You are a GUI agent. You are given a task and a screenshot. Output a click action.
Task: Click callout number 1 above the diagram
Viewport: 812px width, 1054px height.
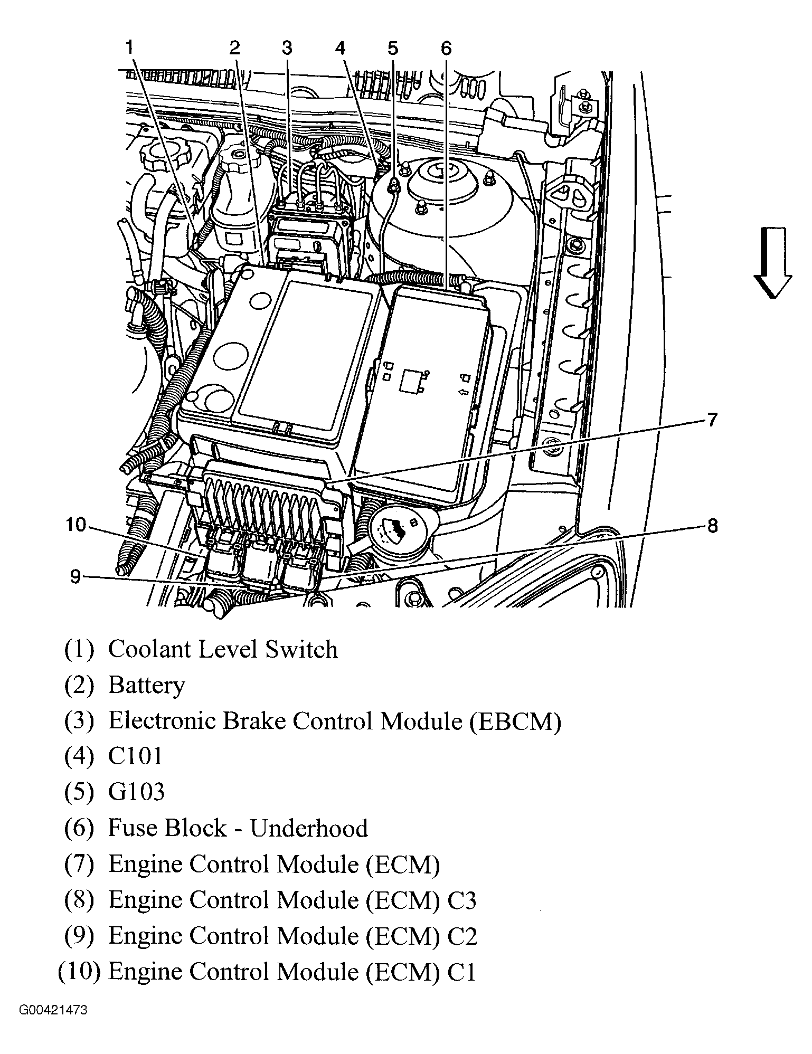pyautogui.click(x=129, y=48)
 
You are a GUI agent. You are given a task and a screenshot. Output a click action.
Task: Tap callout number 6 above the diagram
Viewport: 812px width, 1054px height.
pyautogui.click(x=446, y=48)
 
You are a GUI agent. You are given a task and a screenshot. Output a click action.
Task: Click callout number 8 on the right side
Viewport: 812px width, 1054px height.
pyautogui.click(x=712, y=526)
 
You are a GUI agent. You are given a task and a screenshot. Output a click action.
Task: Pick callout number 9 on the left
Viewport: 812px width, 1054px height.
pyautogui.click(x=75, y=577)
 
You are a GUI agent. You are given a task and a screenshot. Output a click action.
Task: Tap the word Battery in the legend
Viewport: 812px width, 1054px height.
pyautogui.click(x=146, y=686)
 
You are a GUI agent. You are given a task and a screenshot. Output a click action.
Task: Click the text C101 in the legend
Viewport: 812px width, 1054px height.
pyautogui.click(x=135, y=756)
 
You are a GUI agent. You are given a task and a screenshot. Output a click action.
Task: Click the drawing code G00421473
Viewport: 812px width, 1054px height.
pyautogui.click(x=53, y=1025)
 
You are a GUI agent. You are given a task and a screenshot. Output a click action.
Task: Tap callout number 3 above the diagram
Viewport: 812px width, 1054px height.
pyautogui.click(x=287, y=48)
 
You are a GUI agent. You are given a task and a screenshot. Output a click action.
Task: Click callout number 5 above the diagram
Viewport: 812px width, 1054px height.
pyautogui.click(x=392, y=48)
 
